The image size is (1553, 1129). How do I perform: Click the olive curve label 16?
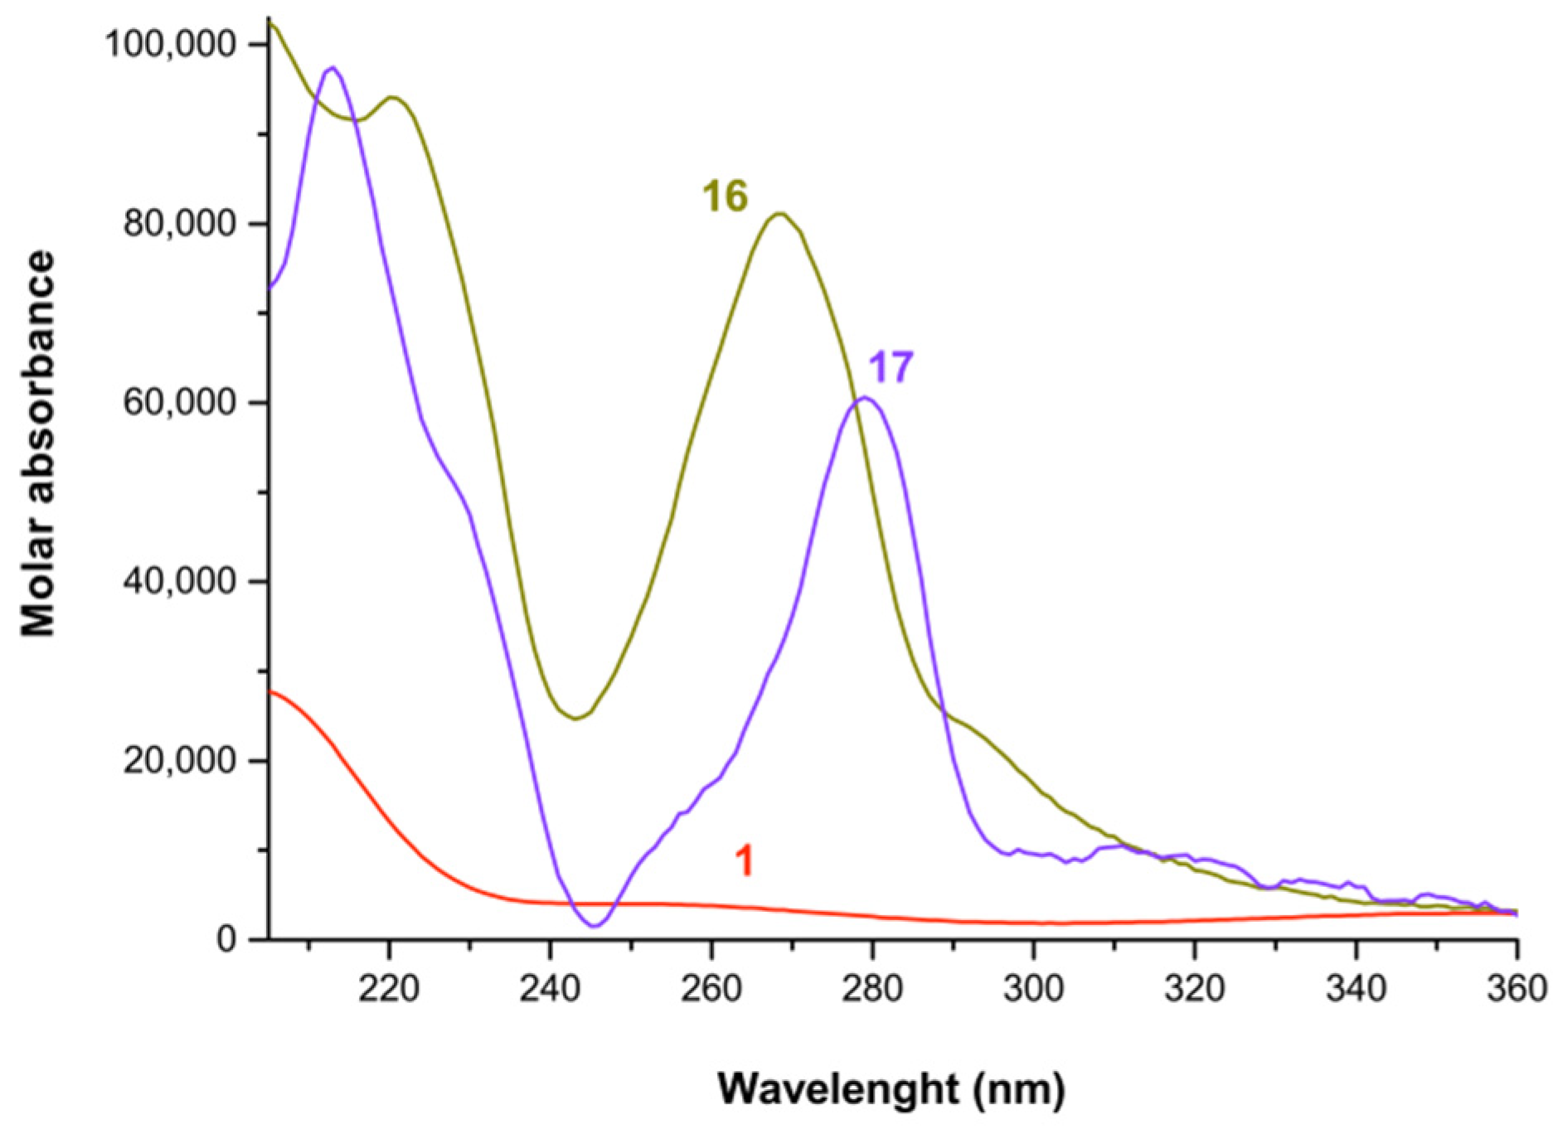[x=725, y=197]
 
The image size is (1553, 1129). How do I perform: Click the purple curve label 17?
[x=891, y=367]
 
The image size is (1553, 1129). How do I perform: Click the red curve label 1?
[x=744, y=861]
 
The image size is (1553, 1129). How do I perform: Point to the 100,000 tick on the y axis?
[x=170, y=45]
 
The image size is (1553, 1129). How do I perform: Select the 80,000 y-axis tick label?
[x=179, y=224]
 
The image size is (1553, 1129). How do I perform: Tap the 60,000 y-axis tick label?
[x=179, y=403]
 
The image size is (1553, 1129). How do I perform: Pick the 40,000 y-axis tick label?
[x=179, y=581]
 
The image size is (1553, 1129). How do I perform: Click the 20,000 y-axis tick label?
[x=179, y=760]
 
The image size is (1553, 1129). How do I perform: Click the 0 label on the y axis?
[x=226, y=940]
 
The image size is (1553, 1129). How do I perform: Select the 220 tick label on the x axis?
[x=389, y=989]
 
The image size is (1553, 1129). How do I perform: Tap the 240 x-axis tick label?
[x=550, y=989]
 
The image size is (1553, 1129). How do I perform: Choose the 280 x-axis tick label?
[x=872, y=989]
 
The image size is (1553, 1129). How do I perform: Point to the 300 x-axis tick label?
[x=1033, y=989]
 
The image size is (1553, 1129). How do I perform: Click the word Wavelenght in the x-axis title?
[x=837, y=1088]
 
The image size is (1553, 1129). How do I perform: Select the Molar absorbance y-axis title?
[x=38, y=443]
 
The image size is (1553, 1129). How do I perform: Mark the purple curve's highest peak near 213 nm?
[x=332, y=68]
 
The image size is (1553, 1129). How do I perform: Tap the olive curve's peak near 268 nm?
[x=779, y=214]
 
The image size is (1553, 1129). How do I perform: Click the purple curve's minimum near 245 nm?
[x=595, y=925]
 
